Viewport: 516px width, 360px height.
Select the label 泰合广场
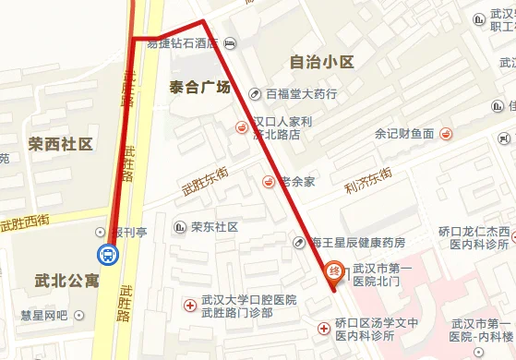[x=199, y=87]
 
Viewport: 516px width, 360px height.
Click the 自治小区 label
[x=321, y=62]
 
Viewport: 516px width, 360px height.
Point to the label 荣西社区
[x=61, y=144]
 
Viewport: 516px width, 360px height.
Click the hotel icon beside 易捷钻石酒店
[x=230, y=42]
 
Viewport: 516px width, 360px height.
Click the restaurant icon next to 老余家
[x=269, y=181]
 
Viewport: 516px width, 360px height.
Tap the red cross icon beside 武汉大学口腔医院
[x=191, y=302]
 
